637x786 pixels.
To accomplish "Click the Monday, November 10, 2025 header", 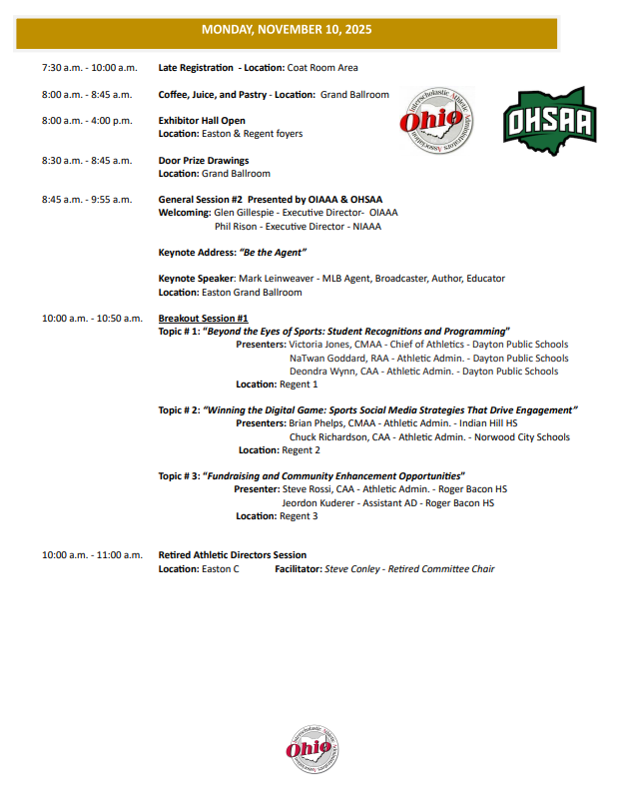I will click(287, 30).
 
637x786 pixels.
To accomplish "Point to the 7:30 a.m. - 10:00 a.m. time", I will click(90, 68).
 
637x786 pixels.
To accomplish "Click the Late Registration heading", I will click(197, 68).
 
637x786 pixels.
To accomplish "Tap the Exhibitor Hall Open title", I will click(202, 121).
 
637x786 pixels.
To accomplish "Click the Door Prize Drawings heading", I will click(204, 160).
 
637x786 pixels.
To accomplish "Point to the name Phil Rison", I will click(237, 226).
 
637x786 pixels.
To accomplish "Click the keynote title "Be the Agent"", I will click(273, 252).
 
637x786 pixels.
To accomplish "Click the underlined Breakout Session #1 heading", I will click(203, 318).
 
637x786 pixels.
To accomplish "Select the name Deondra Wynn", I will click(321, 372).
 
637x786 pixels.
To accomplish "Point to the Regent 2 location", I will click(301, 449).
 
